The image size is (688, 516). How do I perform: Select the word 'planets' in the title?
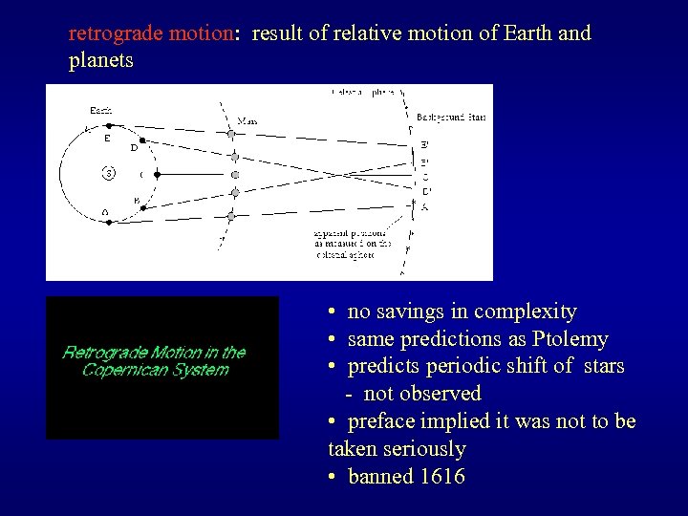(101, 61)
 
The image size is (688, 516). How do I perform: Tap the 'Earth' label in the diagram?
(100, 109)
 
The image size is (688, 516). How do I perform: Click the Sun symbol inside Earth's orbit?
(109, 174)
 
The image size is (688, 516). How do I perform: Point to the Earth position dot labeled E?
(109, 125)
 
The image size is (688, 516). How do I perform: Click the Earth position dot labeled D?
(142, 140)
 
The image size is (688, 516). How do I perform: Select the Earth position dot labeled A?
(109, 222)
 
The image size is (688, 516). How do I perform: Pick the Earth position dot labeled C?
(156, 175)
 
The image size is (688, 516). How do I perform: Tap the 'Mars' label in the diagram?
(247, 120)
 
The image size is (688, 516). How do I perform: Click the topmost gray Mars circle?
(231, 134)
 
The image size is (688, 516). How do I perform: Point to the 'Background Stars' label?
(452, 117)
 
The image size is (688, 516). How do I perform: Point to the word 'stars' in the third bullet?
(600, 366)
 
